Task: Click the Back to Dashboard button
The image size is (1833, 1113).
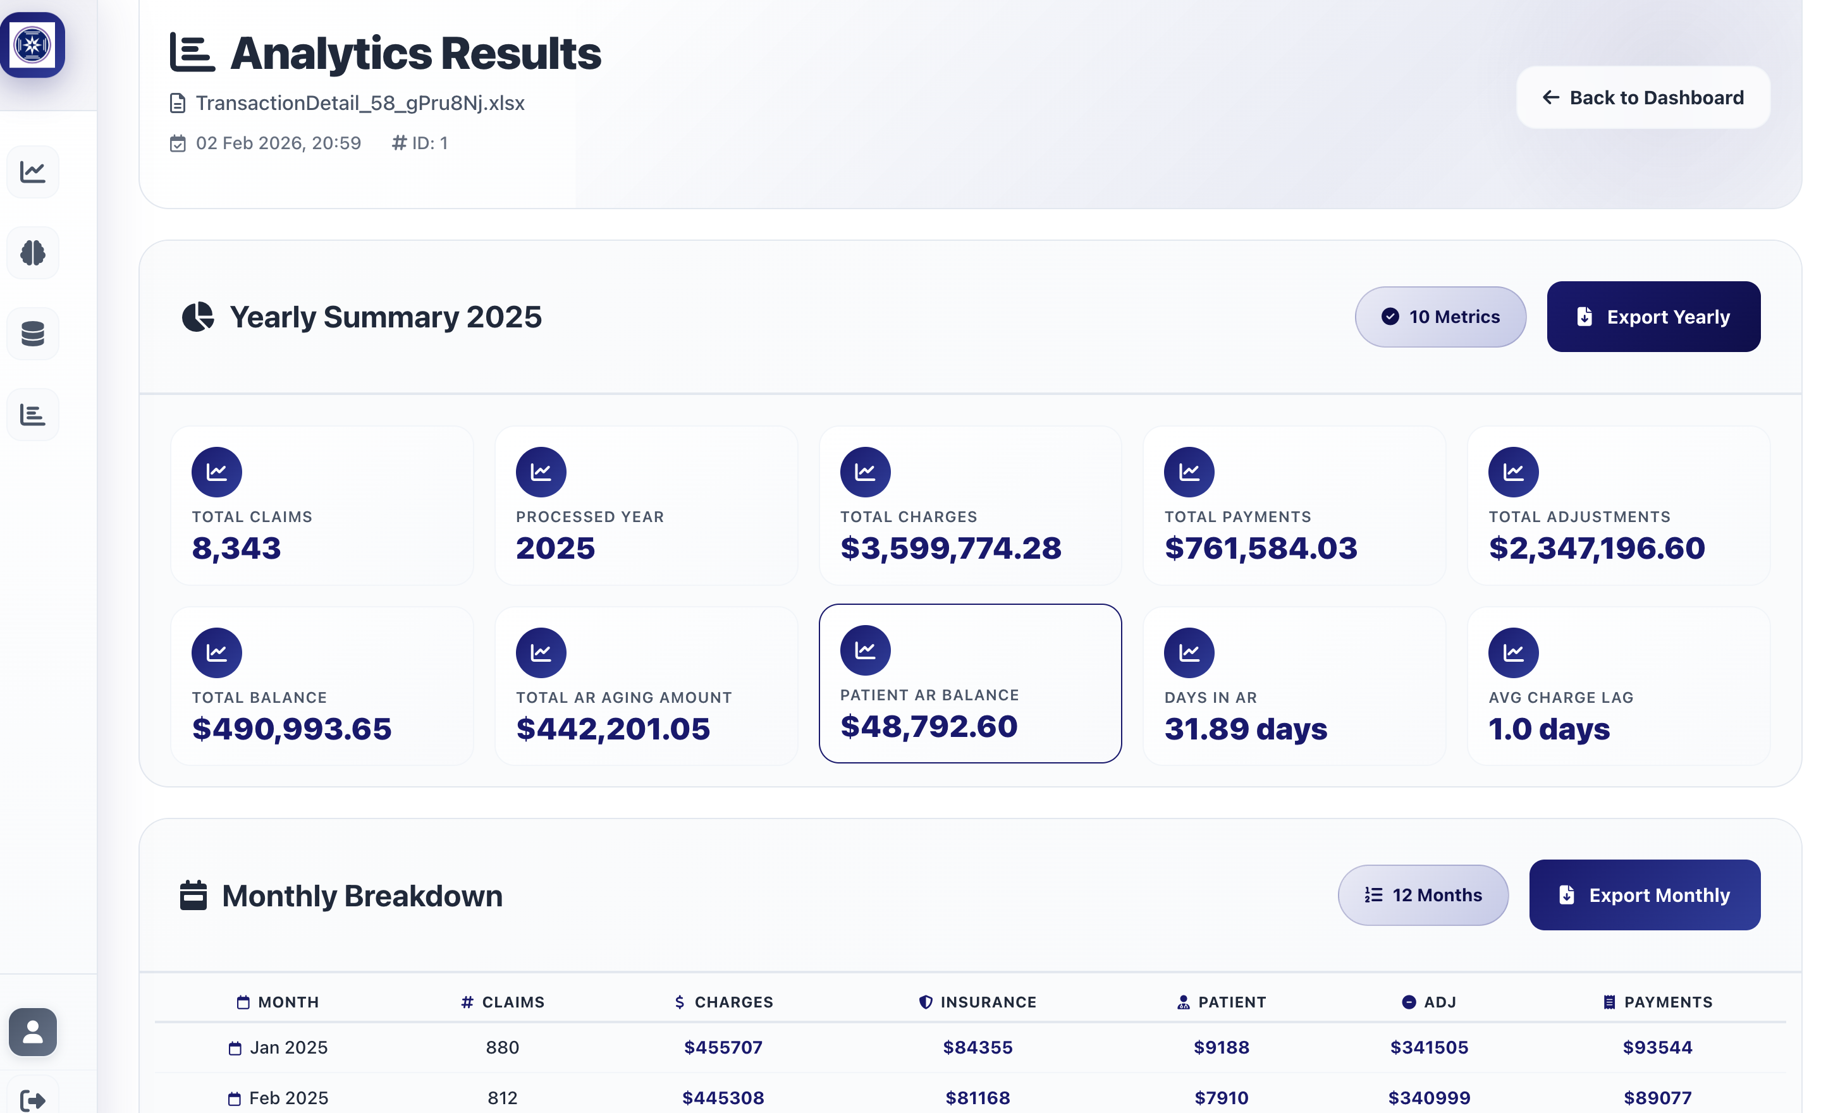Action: coord(1643,97)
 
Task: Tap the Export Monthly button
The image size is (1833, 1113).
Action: coord(1644,894)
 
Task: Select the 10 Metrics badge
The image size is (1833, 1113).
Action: coord(1440,317)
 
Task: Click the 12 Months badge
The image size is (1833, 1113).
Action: coord(1423,894)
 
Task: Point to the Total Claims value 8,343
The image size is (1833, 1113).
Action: coord(236,548)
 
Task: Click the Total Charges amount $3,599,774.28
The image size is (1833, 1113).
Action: coord(950,548)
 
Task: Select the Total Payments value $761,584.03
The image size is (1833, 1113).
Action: coord(1260,548)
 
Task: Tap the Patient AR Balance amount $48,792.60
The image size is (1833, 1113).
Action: coord(928,726)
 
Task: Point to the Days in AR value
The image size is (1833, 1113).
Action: coord(1246,729)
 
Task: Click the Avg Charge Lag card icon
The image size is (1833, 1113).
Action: coord(1512,652)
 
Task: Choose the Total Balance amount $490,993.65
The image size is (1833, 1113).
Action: coord(291,729)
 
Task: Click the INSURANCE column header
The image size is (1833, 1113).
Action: coord(978,1002)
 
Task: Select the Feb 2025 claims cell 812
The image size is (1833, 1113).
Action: coord(502,1097)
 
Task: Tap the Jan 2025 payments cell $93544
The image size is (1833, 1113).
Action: coord(1657,1047)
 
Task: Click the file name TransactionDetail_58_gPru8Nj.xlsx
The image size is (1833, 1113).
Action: coord(360,102)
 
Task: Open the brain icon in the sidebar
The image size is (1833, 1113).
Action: coord(33,253)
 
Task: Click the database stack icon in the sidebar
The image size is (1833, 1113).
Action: coord(33,334)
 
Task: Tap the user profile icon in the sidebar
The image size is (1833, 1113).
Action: coord(33,1031)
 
